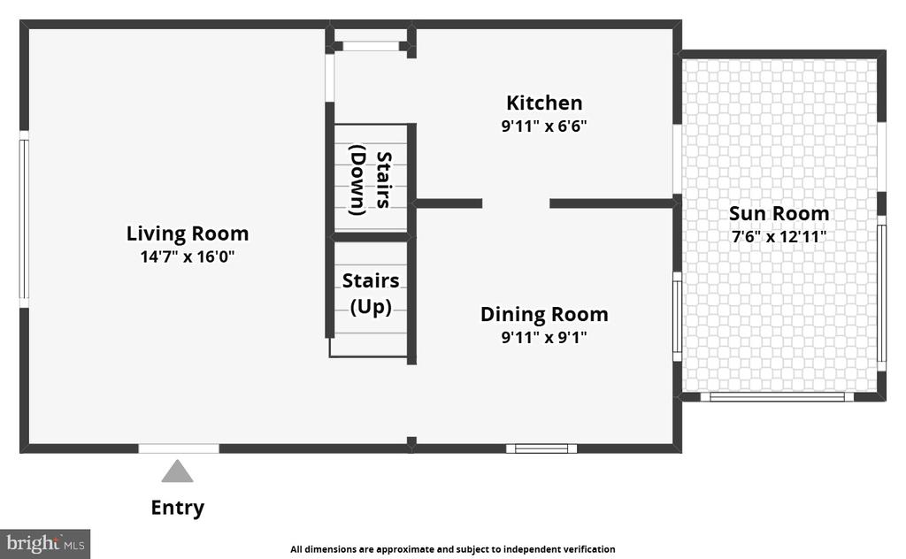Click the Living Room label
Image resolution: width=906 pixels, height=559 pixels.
click(188, 234)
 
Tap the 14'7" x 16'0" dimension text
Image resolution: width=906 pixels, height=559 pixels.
click(188, 257)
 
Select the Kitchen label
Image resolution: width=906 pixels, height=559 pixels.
click(544, 103)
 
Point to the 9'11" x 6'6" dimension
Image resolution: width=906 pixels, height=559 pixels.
click(544, 126)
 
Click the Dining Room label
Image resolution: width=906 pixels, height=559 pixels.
click(544, 314)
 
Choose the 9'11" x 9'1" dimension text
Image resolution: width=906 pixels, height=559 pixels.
click(544, 337)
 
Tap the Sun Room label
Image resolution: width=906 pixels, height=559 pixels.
click(779, 214)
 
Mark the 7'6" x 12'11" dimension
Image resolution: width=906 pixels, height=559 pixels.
click(779, 237)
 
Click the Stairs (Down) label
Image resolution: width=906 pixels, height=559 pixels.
click(371, 180)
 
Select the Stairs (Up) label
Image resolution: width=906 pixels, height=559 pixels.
click(371, 293)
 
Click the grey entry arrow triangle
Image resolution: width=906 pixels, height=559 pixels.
click(177, 471)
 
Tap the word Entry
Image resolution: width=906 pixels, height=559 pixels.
click(177, 508)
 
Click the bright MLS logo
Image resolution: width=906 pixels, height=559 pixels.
click(45, 544)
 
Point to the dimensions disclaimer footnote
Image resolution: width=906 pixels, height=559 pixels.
click(452, 549)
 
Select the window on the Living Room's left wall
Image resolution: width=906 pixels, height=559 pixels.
click(24, 219)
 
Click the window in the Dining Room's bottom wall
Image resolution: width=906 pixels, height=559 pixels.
click(541, 448)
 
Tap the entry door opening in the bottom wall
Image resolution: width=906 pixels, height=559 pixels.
click(179, 448)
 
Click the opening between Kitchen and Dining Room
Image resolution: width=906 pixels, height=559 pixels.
click(516, 203)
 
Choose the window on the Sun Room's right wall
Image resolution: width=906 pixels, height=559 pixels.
click(882, 294)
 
